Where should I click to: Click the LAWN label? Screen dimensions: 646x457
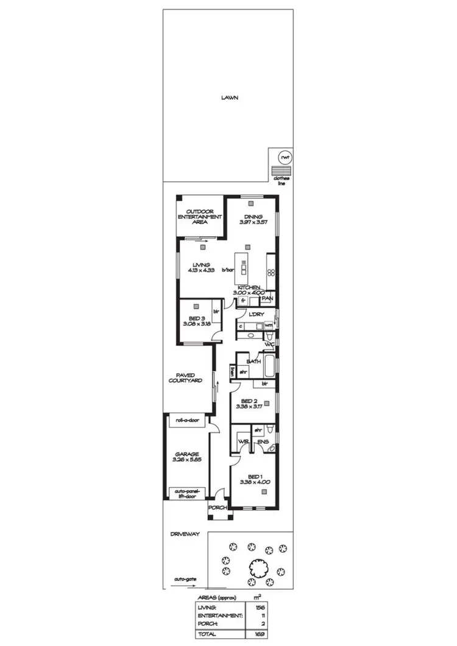[229, 97]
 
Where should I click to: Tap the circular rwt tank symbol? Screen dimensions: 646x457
[283, 156]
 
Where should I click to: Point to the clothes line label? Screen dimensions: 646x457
[282, 180]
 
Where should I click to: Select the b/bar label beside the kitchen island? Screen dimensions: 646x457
[228, 270]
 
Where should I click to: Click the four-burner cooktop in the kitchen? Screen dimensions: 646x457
[271, 266]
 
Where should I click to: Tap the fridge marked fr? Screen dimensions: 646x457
[243, 301]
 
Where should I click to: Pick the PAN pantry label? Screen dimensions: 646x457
[267, 298]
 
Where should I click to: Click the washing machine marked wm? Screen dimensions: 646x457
[268, 326]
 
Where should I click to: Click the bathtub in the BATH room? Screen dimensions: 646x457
[270, 368]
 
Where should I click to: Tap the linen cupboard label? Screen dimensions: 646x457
[232, 371]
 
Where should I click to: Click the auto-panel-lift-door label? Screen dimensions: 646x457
[188, 493]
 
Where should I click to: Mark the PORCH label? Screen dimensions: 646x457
[218, 508]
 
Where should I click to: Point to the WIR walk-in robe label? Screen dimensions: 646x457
[243, 441]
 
